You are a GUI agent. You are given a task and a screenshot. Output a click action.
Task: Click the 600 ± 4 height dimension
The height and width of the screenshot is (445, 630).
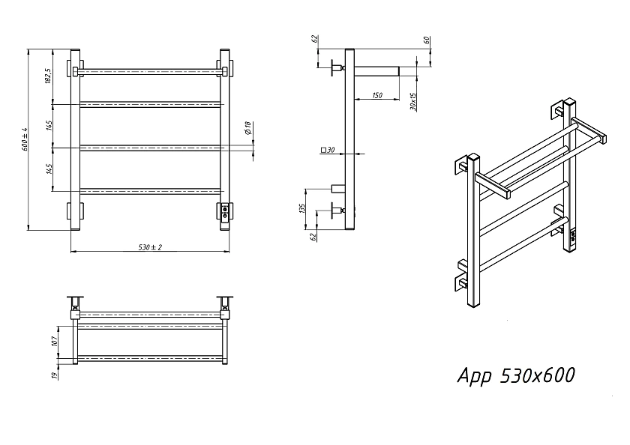[25, 139]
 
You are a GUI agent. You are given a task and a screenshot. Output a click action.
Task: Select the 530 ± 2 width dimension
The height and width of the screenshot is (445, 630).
[150, 247]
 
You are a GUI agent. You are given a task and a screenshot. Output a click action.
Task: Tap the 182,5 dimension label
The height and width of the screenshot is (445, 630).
[49, 76]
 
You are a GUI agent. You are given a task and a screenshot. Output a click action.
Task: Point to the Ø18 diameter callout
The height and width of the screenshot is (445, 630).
[247, 128]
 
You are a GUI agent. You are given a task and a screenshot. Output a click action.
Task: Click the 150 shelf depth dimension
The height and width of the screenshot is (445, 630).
[376, 95]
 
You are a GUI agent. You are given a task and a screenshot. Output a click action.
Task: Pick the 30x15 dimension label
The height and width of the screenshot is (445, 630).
[413, 102]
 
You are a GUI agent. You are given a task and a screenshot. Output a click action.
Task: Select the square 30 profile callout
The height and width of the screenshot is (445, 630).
[328, 150]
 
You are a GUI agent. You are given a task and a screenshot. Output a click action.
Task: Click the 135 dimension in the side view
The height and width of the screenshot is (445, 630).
[302, 208]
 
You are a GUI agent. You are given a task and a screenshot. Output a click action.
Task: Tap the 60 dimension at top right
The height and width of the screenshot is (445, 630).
[427, 40]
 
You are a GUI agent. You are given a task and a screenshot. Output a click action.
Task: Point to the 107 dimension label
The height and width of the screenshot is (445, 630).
[55, 341]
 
